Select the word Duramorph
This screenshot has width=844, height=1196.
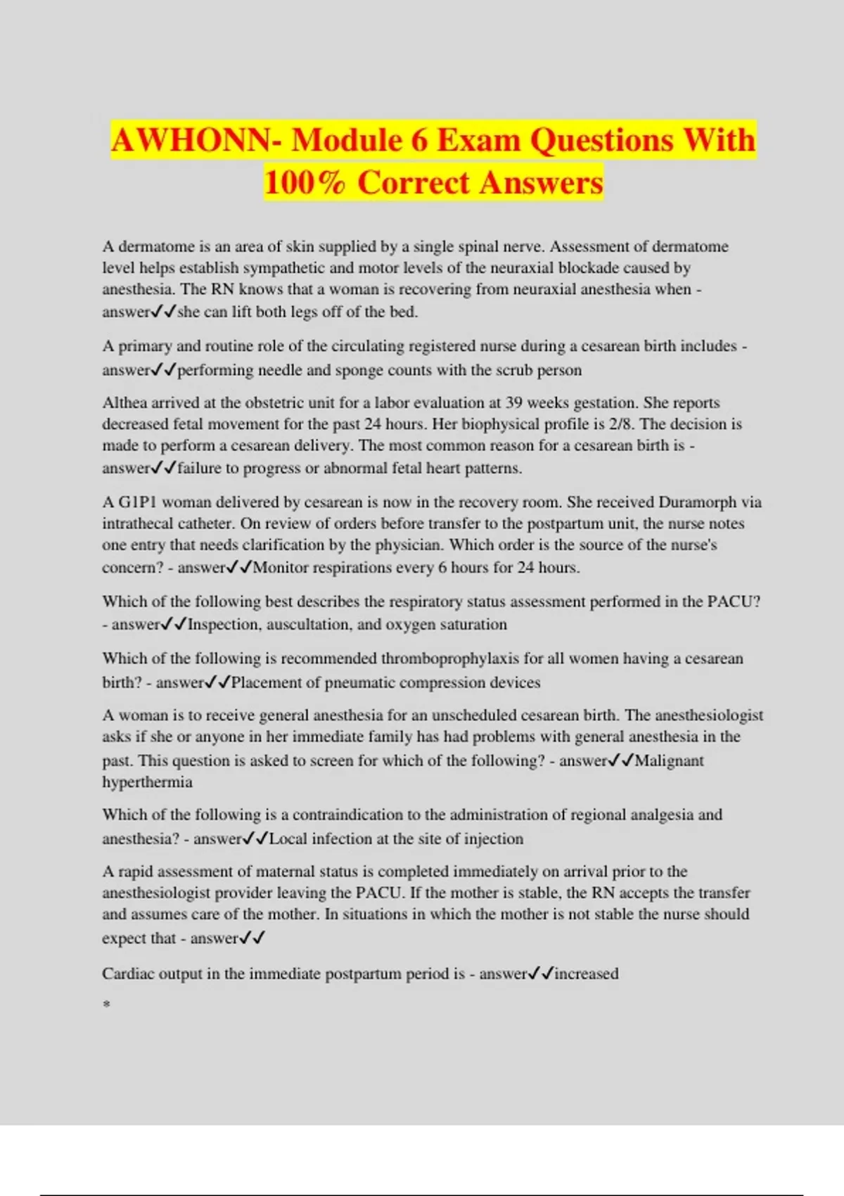tap(698, 502)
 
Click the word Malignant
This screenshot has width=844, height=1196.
tap(669, 761)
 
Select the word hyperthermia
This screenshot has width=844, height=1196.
tap(147, 782)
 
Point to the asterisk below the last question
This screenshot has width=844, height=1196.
tap(106, 1004)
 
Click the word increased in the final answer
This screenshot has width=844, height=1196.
tap(587, 974)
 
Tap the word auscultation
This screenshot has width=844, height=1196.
tap(307, 625)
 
